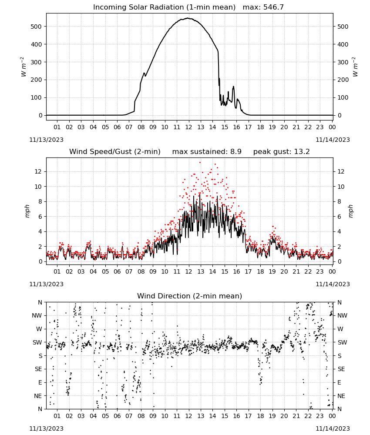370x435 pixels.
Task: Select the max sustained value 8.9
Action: click(235, 151)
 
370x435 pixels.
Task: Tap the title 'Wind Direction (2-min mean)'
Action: click(190, 296)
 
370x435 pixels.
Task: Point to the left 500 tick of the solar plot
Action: click(36, 27)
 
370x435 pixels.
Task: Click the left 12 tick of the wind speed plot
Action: click(38, 171)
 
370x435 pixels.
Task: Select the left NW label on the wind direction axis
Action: click(37, 316)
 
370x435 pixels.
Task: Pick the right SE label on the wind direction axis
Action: click(341, 369)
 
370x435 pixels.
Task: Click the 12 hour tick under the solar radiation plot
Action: click(189, 127)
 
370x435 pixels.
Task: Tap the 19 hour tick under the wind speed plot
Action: click(272, 271)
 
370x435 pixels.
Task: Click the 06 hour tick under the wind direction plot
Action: click(117, 416)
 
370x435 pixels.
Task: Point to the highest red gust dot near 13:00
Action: click(200, 163)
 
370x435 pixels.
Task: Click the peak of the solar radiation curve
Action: click(188, 18)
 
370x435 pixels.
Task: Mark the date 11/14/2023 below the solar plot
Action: click(333, 140)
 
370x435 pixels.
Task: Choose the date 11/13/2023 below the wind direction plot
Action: click(46, 428)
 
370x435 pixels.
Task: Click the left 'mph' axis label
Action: click(27, 211)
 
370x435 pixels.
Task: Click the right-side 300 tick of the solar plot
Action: click(343, 62)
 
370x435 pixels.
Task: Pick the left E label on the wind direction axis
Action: click(40, 382)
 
